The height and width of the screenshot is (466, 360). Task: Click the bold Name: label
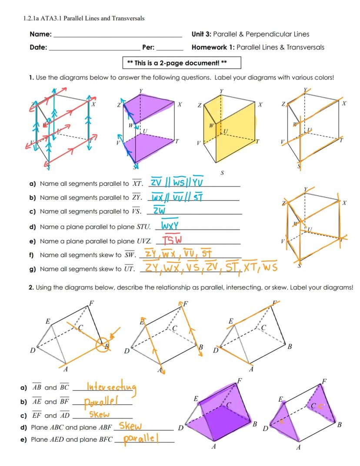[40, 34]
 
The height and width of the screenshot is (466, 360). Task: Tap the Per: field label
[149, 47]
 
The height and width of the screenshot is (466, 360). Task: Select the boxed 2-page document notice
[182, 63]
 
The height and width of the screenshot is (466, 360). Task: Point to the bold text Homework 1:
[213, 47]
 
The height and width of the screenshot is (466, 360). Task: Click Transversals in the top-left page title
[126, 18]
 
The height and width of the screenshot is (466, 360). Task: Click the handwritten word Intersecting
[112, 386]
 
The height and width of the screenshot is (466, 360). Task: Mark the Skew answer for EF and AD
[99, 414]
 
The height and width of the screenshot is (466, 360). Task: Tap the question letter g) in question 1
[32, 269]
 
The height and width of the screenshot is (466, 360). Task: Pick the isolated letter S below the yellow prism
[222, 173]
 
